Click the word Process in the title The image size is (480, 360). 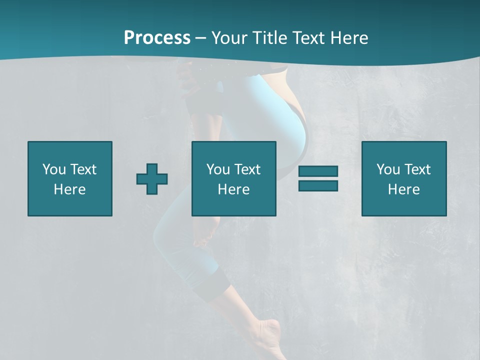point(157,38)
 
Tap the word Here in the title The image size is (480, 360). point(348,38)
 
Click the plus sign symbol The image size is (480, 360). point(152,179)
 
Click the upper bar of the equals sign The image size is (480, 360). point(318,171)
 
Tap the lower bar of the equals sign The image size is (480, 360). point(318,185)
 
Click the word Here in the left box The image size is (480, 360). point(70,189)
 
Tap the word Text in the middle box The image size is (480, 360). point(247,169)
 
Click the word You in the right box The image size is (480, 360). point(388,169)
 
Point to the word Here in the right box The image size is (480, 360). point(404,189)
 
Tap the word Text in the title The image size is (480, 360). point(308,38)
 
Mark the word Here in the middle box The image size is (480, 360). point(234,189)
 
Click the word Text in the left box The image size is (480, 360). point(83,169)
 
